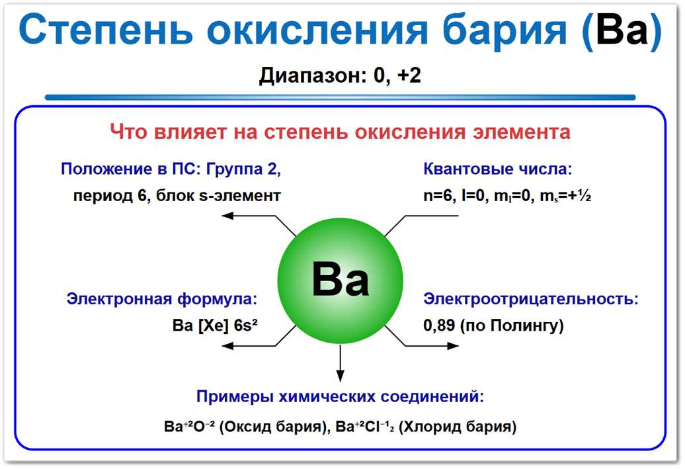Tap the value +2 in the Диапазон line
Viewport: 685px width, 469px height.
click(409, 75)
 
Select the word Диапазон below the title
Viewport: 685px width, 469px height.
click(311, 75)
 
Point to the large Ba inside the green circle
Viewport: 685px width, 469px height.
click(341, 281)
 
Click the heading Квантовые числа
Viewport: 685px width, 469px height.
click(497, 169)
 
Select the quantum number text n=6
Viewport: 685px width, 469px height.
click(438, 196)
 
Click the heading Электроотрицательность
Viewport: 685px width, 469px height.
click(531, 299)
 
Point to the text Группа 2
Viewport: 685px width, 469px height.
click(243, 169)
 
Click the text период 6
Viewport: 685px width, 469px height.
click(110, 196)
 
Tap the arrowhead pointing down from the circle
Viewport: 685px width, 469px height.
click(341, 376)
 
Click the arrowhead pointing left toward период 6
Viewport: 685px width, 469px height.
click(227, 215)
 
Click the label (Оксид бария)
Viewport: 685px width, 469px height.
click(270, 427)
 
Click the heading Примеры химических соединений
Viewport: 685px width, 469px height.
click(340, 398)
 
